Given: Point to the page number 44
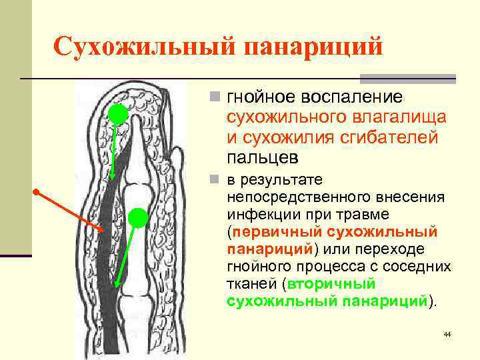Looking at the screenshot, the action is click(x=447, y=333).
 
